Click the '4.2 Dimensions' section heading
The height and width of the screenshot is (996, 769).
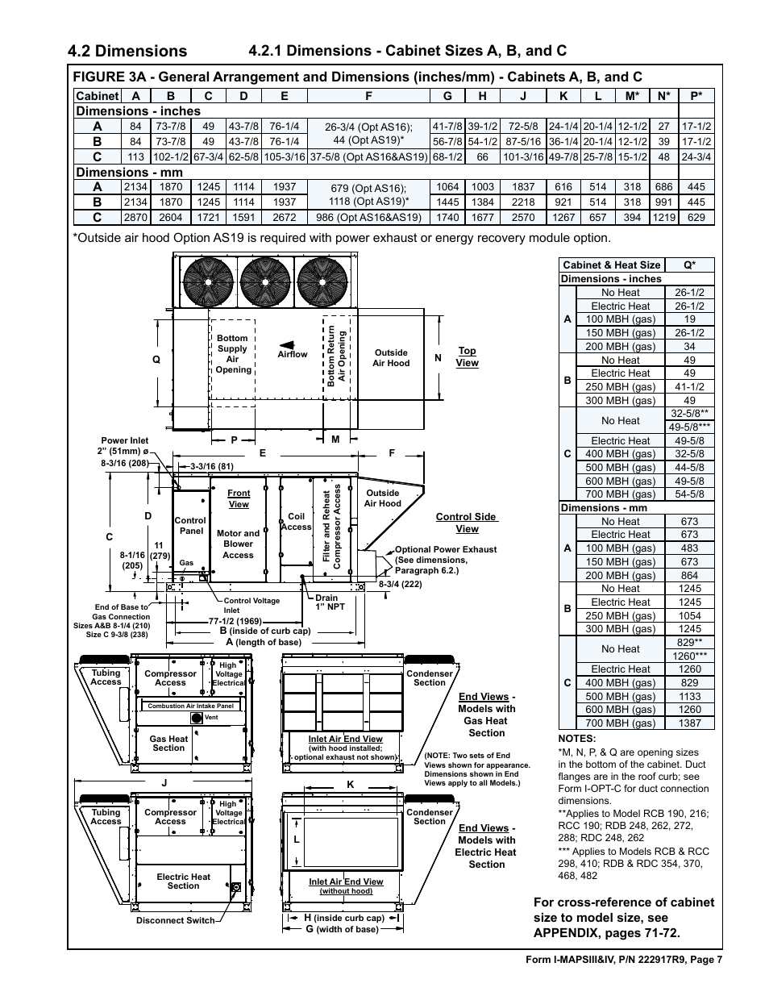coord(128,51)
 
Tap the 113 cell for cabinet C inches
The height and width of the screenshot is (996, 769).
coord(135,156)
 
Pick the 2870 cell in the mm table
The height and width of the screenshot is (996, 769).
coord(135,217)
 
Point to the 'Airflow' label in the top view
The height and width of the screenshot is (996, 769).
coord(292,354)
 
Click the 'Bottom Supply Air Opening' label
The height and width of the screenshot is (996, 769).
coord(233,354)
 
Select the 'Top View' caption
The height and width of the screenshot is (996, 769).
coord(467,356)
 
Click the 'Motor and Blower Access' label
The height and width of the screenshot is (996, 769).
coord(238,544)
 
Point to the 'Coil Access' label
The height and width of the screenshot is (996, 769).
coord(296,522)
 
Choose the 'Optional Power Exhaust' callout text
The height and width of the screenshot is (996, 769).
coord(445,549)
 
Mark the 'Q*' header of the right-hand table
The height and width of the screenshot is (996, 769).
coord(689,265)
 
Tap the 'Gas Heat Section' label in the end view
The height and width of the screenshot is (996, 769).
coord(168,743)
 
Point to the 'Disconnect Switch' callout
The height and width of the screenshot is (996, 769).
coord(176,920)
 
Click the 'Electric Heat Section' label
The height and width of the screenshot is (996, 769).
coord(183,881)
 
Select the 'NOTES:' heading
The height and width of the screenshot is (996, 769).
coord(576,739)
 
